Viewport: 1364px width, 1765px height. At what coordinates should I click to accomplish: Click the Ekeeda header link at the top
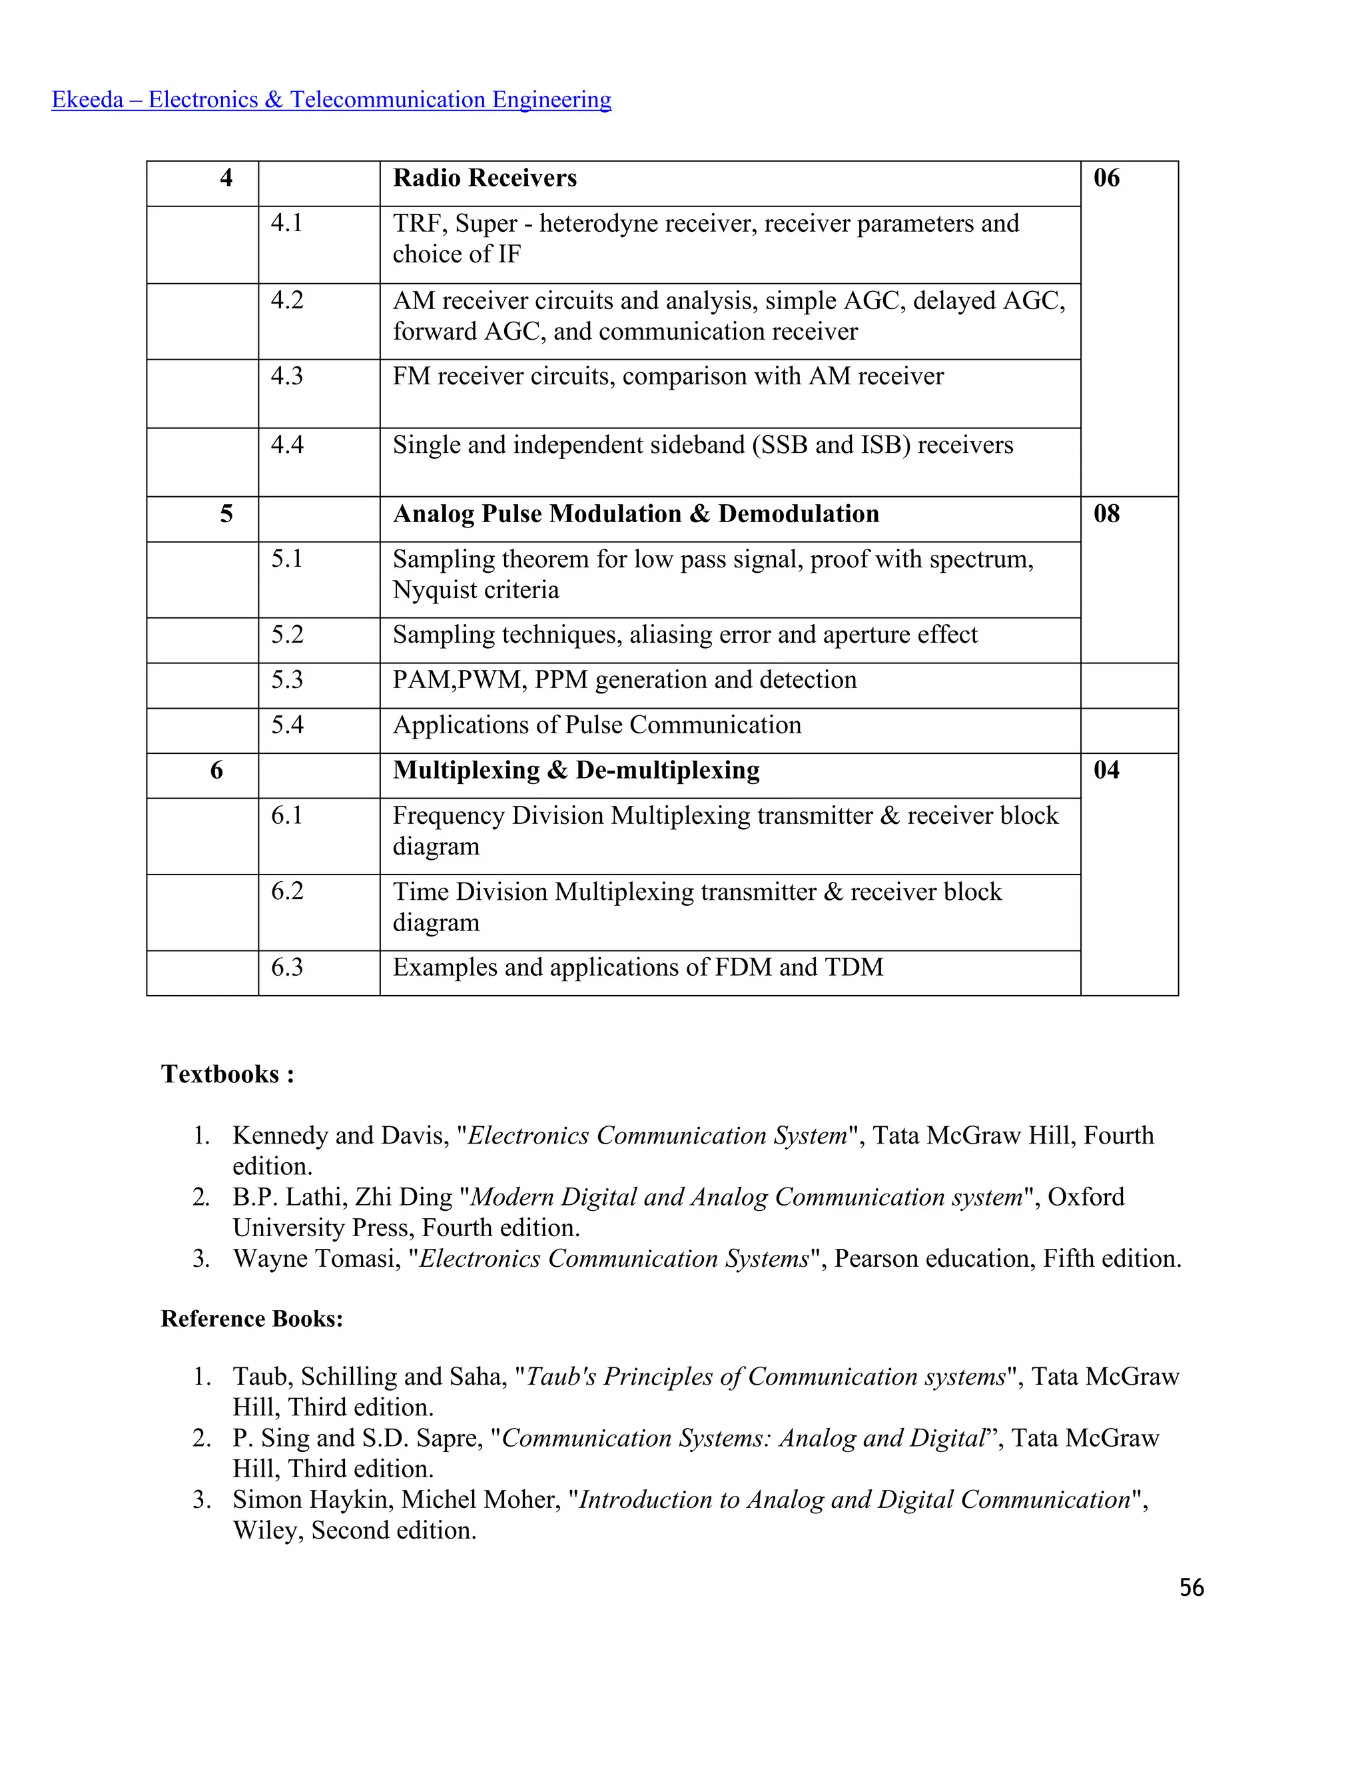[331, 99]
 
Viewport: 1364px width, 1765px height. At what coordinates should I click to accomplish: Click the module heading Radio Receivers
[484, 178]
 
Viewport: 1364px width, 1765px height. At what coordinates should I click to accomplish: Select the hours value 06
[1106, 178]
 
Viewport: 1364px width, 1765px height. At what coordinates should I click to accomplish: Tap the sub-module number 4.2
[287, 300]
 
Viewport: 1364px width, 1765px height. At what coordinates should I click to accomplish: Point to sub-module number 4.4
[287, 444]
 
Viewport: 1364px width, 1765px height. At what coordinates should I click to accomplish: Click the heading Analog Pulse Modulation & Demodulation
[635, 514]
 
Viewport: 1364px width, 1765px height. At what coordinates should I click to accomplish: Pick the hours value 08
[1106, 514]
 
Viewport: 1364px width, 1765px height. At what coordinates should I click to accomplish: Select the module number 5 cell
[226, 514]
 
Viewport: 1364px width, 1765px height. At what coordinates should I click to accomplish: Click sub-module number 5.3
[287, 679]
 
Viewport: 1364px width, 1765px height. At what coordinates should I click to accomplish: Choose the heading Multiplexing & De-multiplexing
[575, 770]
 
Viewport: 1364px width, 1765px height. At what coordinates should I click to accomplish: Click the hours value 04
[1106, 770]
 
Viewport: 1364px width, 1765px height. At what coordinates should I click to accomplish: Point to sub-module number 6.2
[287, 891]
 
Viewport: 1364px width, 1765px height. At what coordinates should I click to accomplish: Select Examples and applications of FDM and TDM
[637, 967]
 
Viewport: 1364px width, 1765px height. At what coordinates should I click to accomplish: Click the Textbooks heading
[227, 1074]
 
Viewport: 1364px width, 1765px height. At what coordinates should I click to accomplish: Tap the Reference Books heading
[251, 1319]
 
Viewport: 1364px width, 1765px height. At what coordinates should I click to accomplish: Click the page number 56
[1191, 1588]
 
